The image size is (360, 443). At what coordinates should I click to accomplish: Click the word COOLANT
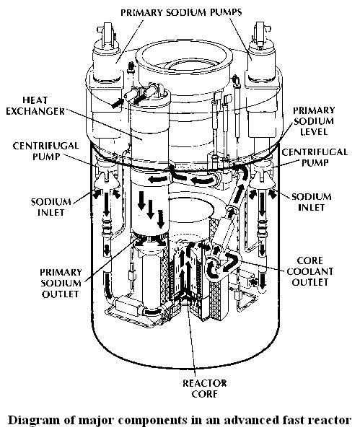[x=320, y=271]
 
